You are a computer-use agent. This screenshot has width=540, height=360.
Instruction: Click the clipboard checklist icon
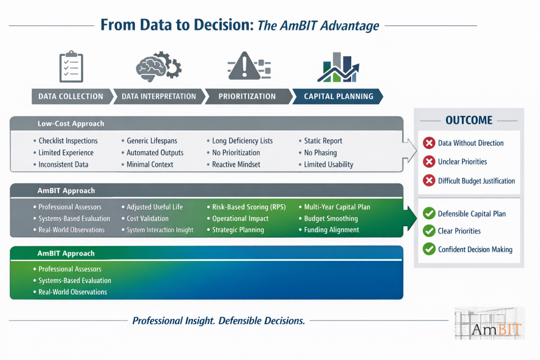(x=71, y=67)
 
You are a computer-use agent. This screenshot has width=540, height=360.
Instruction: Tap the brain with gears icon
(x=158, y=66)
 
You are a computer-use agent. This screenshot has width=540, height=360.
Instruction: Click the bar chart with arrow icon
(x=338, y=67)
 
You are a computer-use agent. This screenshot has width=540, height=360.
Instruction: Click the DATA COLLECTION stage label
(x=71, y=96)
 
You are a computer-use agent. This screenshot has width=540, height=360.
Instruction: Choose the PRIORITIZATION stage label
(x=247, y=96)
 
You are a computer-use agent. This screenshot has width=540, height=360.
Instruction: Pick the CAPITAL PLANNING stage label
(x=339, y=96)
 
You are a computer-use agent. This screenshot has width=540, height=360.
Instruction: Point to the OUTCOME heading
(x=469, y=120)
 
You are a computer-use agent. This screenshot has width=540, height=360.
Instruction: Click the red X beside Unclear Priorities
(x=429, y=162)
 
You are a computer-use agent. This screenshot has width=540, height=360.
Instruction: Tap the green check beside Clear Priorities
(x=429, y=231)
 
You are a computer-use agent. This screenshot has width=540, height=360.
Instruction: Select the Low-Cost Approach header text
(x=71, y=124)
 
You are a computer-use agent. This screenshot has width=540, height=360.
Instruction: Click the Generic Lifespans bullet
(x=152, y=141)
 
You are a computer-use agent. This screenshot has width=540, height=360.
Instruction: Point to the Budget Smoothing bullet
(x=331, y=218)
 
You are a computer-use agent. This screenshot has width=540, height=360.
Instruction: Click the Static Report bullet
(x=323, y=141)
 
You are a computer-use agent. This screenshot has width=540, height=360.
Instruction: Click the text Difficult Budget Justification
(x=476, y=181)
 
